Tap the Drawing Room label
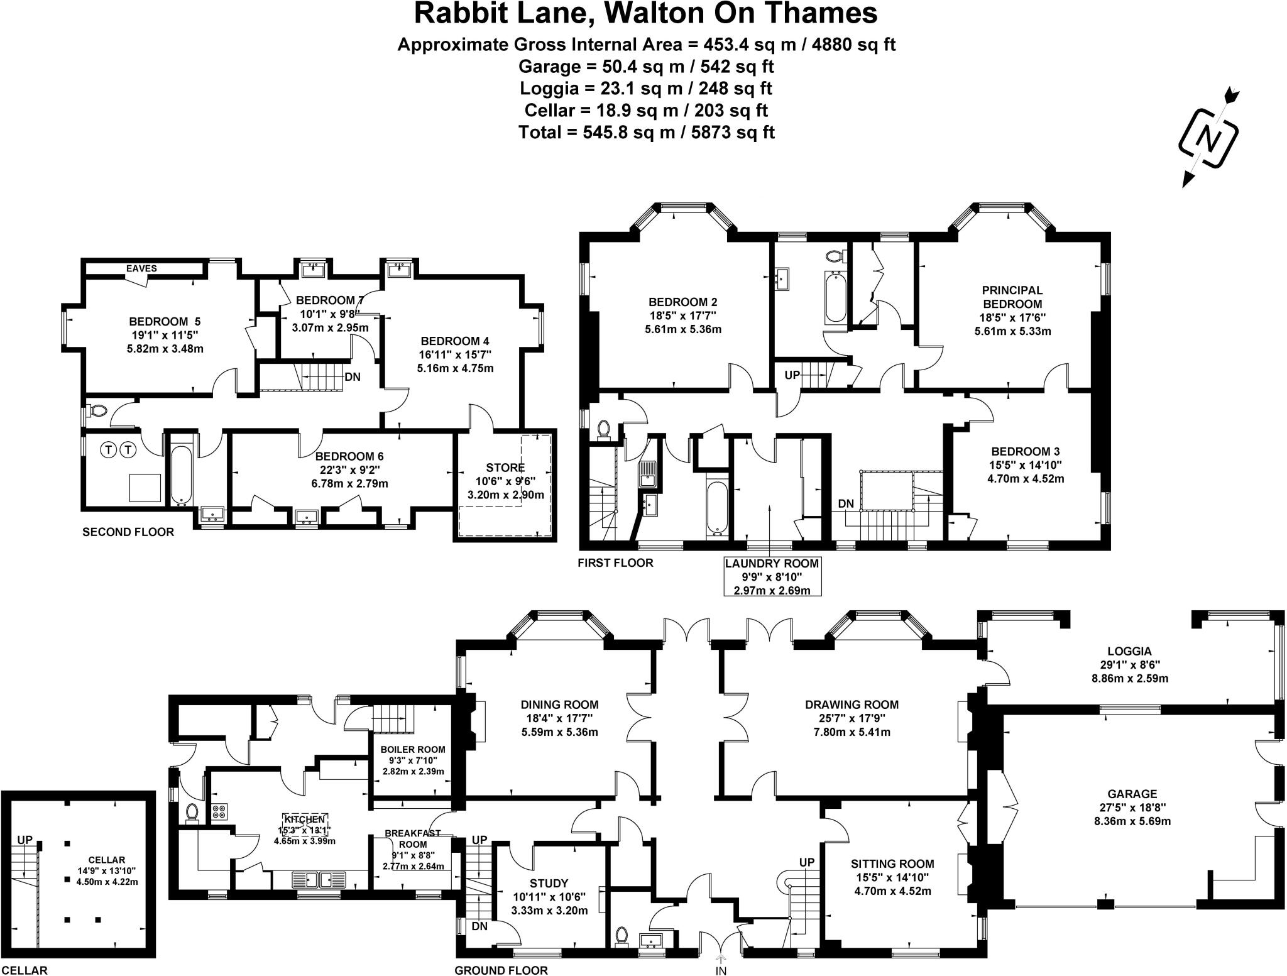click(852, 705)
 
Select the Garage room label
click(1132, 794)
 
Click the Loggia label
click(1129, 651)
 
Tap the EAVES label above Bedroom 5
click(141, 268)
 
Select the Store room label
click(505, 468)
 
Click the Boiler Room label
click(413, 749)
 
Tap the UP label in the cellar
click(25, 840)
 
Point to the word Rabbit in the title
click(458, 14)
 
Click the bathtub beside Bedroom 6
click(182, 474)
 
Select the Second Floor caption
click(128, 532)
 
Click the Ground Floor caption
click(501, 970)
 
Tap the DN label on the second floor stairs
click(353, 377)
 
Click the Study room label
click(549, 883)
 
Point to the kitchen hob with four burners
click(219, 811)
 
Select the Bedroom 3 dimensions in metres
click(1025, 478)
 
